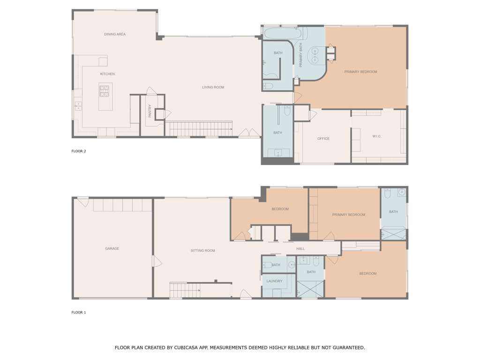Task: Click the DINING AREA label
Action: click(x=115, y=34)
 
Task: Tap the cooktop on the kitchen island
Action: click(x=104, y=91)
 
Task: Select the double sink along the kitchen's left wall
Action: click(x=78, y=106)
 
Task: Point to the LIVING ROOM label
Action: click(x=213, y=87)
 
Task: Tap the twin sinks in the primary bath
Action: click(x=315, y=55)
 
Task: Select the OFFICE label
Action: click(x=323, y=139)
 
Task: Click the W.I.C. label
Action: click(x=377, y=136)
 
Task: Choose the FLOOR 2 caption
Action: click(x=79, y=151)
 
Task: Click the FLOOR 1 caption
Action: click(x=79, y=312)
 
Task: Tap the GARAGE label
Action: click(x=112, y=248)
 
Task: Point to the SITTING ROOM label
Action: click(x=203, y=251)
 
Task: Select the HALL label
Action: click(x=300, y=249)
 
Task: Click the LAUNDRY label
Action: click(x=274, y=281)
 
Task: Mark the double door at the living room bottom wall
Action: click(x=249, y=133)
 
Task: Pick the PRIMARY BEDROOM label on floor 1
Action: click(x=349, y=215)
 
